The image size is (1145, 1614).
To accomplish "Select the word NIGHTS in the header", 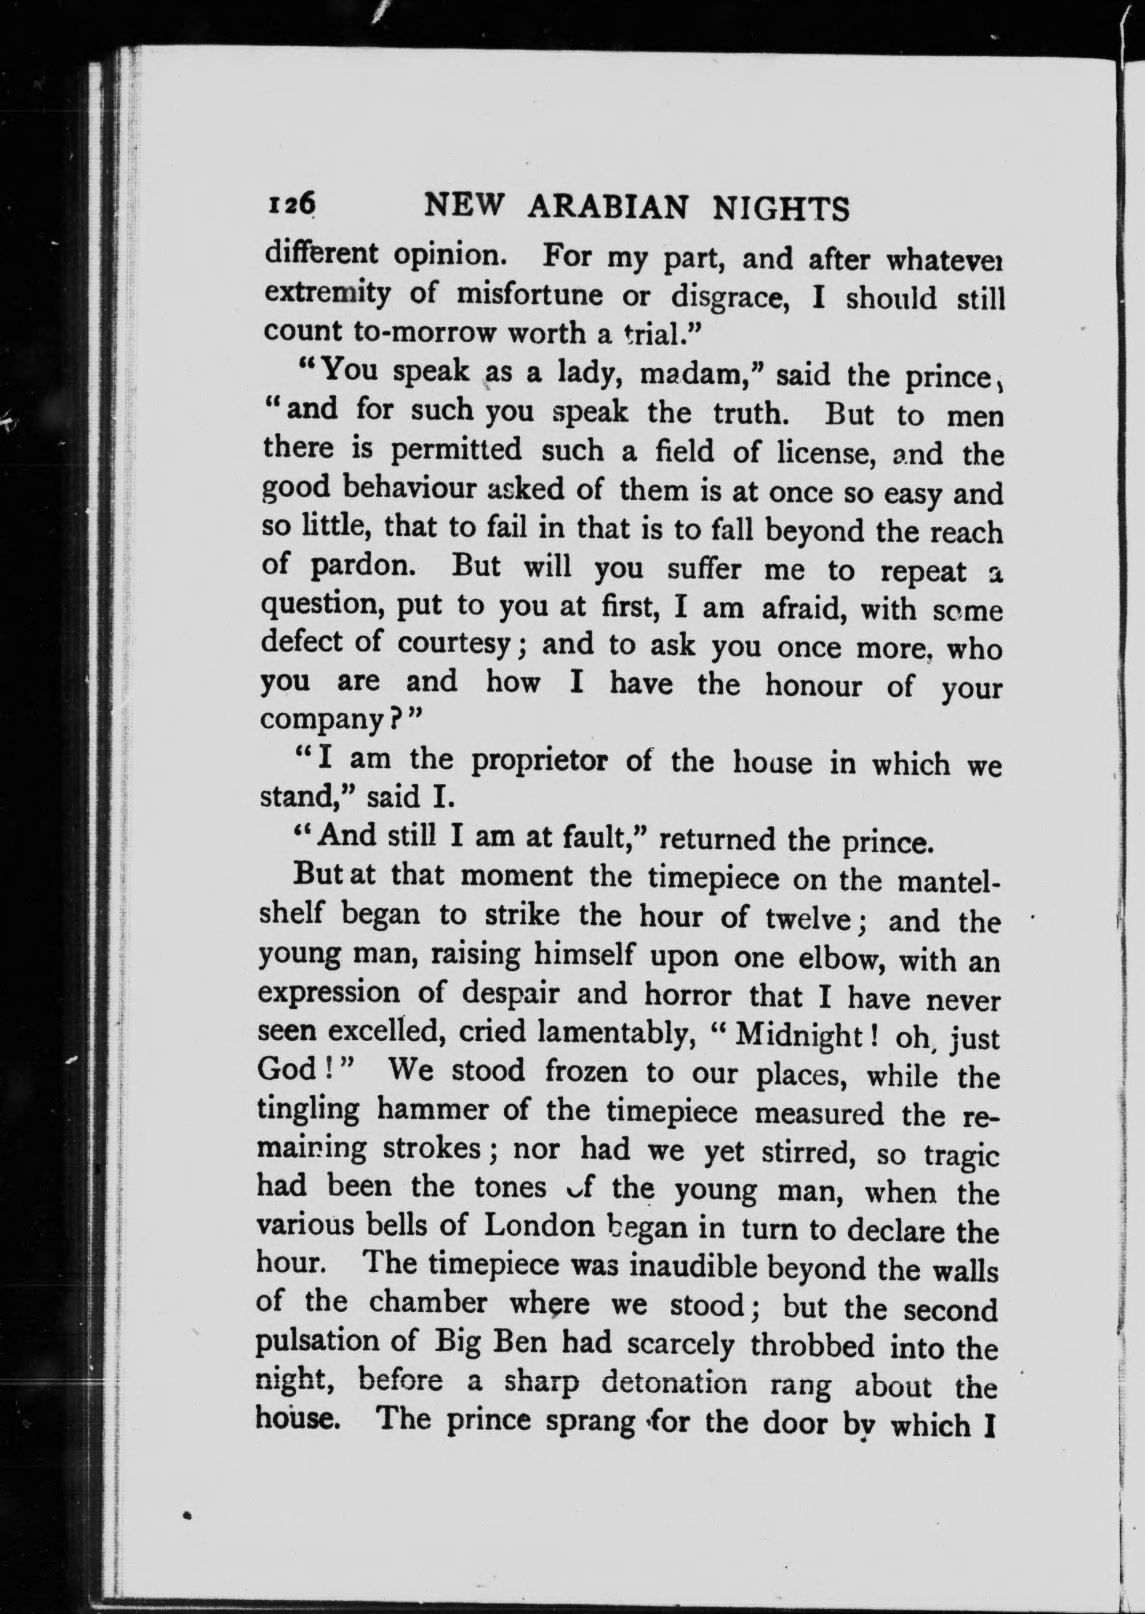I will [780, 209].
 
